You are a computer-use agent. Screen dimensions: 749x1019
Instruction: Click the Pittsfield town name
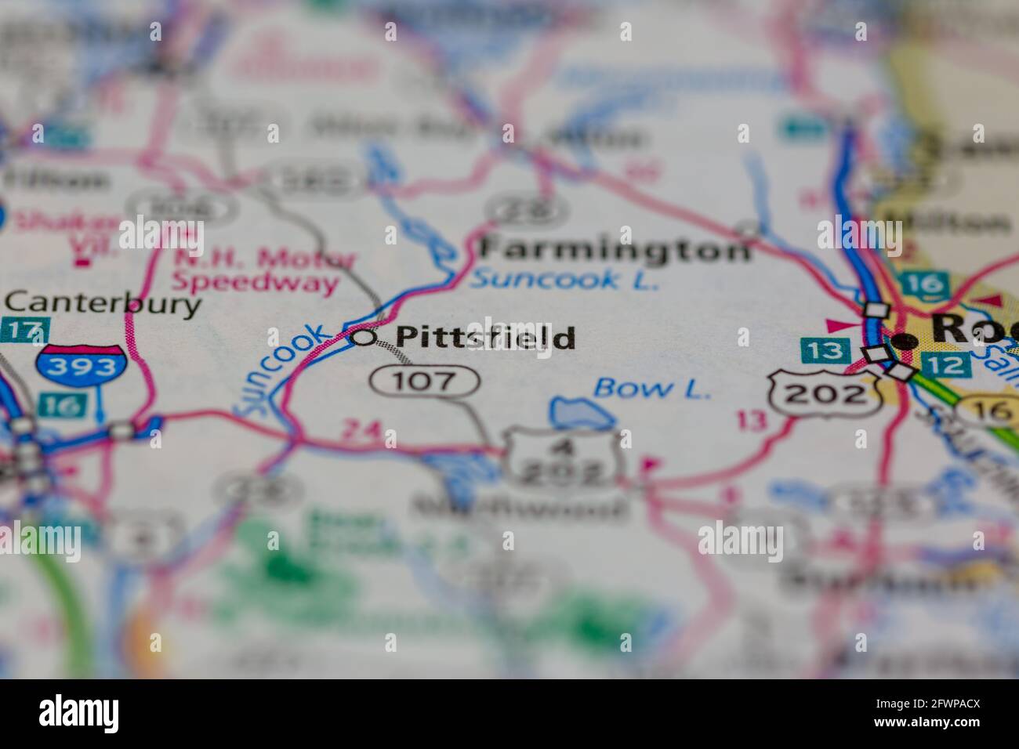tap(484, 338)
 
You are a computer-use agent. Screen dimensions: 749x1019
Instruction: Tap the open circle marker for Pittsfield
tap(363, 338)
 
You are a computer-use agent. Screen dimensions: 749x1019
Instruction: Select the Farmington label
tap(614, 249)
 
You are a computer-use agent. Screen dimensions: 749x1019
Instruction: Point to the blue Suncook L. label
tap(564, 279)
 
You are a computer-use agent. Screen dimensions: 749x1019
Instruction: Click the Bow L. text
tap(652, 388)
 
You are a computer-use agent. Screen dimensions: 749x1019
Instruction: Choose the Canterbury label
tap(102, 303)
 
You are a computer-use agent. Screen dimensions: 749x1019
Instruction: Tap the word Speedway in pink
tap(256, 283)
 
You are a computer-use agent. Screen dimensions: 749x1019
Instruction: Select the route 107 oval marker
tap(424, 382)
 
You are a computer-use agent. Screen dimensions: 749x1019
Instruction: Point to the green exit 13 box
tap(822, 350)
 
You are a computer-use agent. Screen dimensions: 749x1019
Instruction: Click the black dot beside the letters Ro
tap(905, 341)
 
